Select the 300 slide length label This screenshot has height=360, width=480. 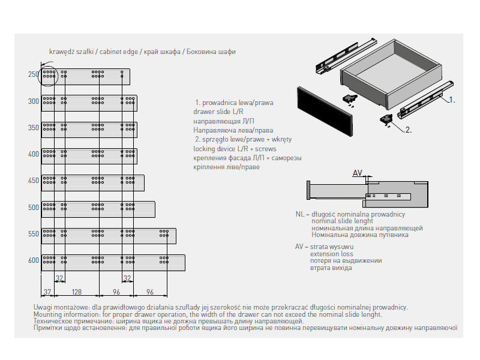(x=33, y=101)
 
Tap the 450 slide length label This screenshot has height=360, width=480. (x=33, y=181)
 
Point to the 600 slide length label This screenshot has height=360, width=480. (x=33, y=260)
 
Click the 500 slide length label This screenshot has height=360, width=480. (x=33, y=208)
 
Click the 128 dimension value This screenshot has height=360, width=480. (x=76, y=292)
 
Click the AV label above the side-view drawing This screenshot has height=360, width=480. (x=358, y=173)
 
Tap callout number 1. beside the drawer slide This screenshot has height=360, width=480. (x=452, y=100)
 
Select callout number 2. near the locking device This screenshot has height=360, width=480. (x=407, y=129)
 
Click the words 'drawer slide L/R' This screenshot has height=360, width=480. (x=218, y=112)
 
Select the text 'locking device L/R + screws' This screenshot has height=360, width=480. (x=235, y=149)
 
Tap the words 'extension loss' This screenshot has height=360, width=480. (x=332, y=254)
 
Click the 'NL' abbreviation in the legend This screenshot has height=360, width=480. (x=300, y=214)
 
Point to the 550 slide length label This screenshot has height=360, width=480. (x=33, y=234)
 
